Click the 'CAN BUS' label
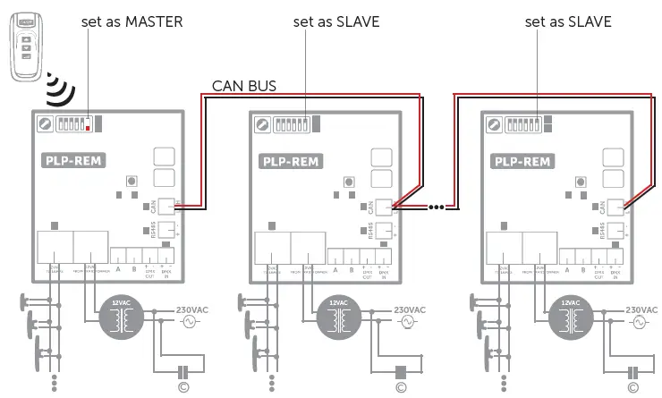tap(243, 86)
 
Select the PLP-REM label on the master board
tap(73, 162)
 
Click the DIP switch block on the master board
tap(74, 123)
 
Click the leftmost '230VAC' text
tap(197, 309)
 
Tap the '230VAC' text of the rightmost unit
tap(642, 309)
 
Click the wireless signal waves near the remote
tap(60, 88)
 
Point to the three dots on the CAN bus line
tap(436, 207)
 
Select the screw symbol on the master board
tap(43, 123)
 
